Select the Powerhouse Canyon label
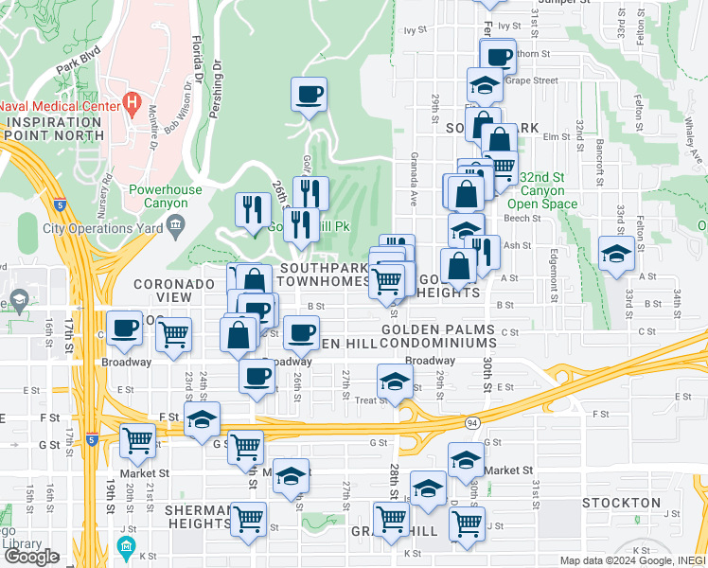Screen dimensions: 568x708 [166, 196]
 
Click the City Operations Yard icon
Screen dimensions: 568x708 [176, 223]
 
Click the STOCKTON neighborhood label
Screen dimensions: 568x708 [621, 503]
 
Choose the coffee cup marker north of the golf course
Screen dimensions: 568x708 [309, 95]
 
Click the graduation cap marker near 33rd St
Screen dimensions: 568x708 [616, 254]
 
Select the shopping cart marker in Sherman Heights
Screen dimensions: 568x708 [248, 519]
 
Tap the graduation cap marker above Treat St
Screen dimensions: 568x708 [395, 382]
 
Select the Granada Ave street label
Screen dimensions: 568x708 [413, 186]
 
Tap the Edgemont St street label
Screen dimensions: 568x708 [554, 270]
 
